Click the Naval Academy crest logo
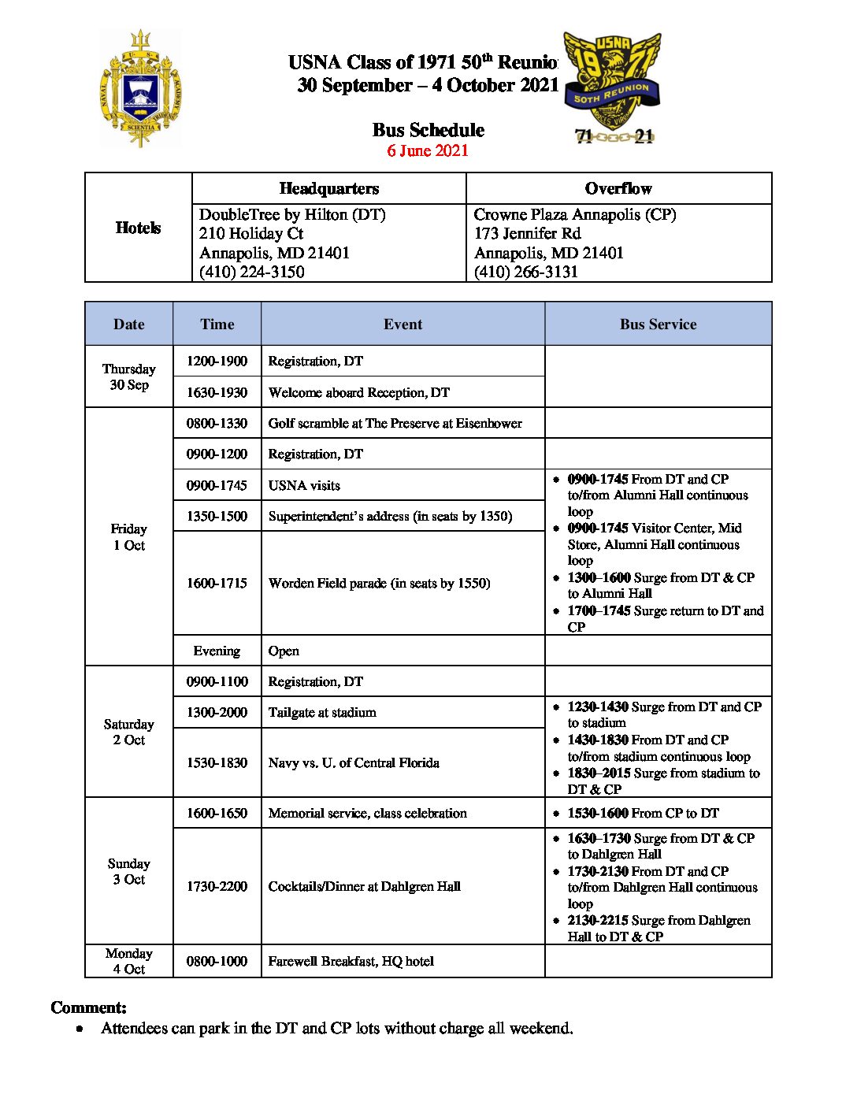(x=140, y=89)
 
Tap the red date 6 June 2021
(x=428, y=150)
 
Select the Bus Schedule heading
(x=428, y=130)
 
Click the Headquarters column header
(x=328, y=188)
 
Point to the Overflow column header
(x=618, y=188)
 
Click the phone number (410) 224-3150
(x=251, y=272)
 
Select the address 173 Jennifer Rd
(x=527, y=233)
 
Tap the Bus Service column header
(x=658, y=324)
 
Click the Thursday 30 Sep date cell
(x=129, y=376)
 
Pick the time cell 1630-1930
(x=217, y=392)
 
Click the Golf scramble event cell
(x=395, y=423)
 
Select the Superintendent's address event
(x=390, y=516)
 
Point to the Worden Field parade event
(x=379, y=583)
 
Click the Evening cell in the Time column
(x=217, y=651)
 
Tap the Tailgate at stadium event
(x=322, y=712)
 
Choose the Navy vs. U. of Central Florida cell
(x=354, y=762)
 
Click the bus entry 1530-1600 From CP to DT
(x=643, y=813)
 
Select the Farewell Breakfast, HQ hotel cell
(x=351, y=961)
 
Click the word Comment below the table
(x=88, y=1007)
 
